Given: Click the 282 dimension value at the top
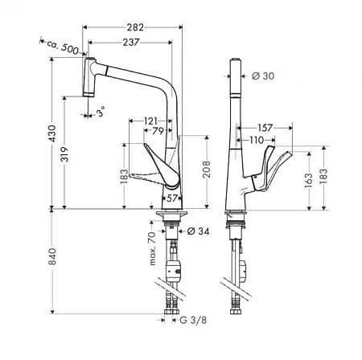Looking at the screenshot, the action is point(135,27).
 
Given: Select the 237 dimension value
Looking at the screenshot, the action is point(131,43).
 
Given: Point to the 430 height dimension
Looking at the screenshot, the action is point(52,133).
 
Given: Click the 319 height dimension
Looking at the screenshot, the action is point(64,154).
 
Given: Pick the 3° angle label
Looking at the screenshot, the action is point(101,111).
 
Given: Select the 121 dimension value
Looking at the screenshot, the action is point(150,121).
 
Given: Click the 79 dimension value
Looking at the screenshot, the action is point(158,131).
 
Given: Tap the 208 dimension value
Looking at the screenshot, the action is point(207,169).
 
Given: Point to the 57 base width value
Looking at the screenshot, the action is point(172,198).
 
